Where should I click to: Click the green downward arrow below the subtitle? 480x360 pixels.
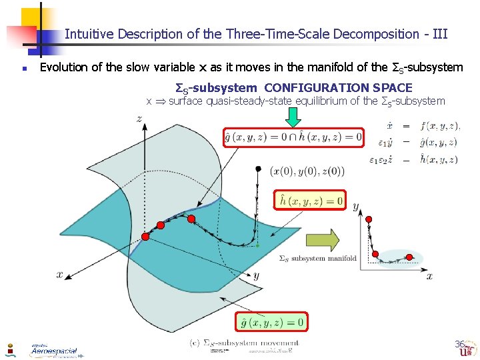click(293, 117)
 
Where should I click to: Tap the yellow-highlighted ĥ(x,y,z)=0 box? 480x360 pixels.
click(311, 199)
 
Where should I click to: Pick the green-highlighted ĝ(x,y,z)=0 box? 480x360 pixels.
click(272, 323)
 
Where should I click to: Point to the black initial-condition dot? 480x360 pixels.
click(258, 170)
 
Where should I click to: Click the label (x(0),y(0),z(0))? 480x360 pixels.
click(307, 171)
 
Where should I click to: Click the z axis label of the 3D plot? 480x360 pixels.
click(139, 119)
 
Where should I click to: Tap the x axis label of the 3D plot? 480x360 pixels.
click(59, 274)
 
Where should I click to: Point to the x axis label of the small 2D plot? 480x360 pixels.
click(429, 275)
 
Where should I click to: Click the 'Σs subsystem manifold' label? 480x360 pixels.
click(317, 258)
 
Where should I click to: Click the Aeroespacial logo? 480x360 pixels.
click(54, 349)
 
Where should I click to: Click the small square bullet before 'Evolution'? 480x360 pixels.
click(23, 68)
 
